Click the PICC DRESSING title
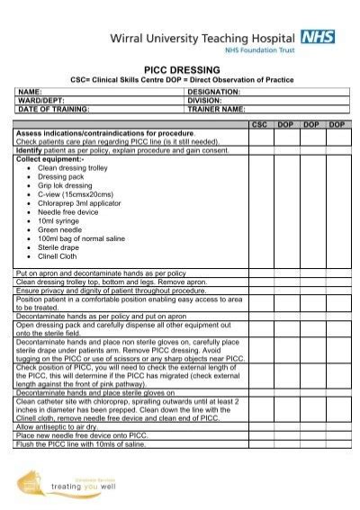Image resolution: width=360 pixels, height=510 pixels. click(x=182, y=68)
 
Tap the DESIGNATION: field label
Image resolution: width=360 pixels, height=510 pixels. click(x=214, y=92)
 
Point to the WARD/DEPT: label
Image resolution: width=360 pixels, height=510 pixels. click(x=40, y=100)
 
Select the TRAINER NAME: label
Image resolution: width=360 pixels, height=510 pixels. click(x=217, y=108)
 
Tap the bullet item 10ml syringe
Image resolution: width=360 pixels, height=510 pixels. click(x=59, y=219)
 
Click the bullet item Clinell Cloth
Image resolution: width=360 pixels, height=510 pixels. click(x=58, y=255)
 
